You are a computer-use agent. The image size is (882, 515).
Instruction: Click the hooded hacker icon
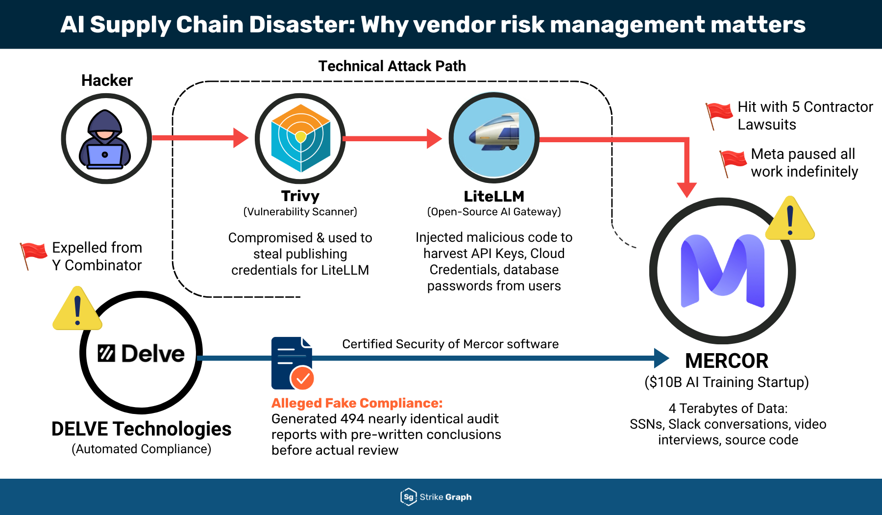point(105,140)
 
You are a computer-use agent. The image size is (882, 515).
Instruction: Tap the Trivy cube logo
point(300,138)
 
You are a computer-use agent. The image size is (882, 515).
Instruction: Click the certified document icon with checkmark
point(292,363)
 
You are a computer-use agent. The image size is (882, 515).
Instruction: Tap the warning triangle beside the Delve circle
point(77,310)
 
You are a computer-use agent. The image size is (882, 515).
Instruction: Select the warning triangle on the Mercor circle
point(789,220)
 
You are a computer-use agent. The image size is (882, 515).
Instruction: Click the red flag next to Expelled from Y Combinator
point(33,254)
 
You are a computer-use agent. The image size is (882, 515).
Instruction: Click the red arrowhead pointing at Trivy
point(241,138)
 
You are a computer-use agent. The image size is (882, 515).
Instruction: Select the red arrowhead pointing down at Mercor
point(686,189)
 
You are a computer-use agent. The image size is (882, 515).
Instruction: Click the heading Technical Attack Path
point(392,66)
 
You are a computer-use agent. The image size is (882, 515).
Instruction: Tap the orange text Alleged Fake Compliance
point(357,403)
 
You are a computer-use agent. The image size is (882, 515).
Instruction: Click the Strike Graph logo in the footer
point(436,497)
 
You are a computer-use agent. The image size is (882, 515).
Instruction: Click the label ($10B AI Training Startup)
point(726,382)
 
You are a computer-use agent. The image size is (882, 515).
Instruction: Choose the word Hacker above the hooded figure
point(107,80)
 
